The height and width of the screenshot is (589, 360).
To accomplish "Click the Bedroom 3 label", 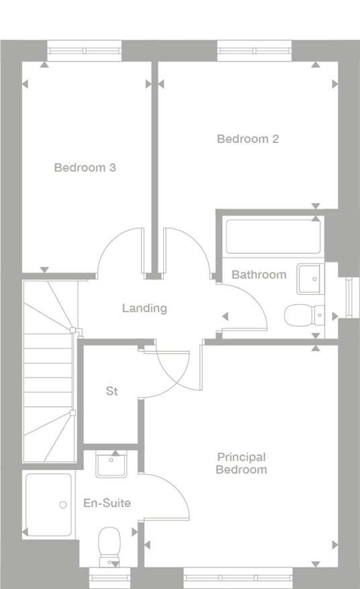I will pyautogui.click(x=85, y=167).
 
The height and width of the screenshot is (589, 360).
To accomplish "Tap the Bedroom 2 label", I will pyautogui.click(x=247, y=139).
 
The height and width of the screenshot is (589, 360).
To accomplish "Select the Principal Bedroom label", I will pyautogui.click(x=241, y=463).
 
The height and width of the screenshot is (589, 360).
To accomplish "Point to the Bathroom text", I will pyautogui.click(x=259, y=275).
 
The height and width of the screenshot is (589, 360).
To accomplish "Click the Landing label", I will pyautogui.click(x=144, y=308).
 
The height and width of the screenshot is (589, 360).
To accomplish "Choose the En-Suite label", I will pyautogui.click(x=107, y=502).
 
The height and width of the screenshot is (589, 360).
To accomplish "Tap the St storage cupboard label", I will pyautogui.click(x=111, y=391).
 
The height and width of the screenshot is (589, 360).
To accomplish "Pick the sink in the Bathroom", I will pyautogui.click(x=310, y=279).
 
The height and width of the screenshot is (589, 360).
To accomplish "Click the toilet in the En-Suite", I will pyautogui.click(x=108, y=544).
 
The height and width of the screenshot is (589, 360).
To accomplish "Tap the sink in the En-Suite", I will pyautogui.click(x=110, y=465).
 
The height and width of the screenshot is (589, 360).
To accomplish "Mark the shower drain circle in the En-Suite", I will pyautogui.click(x=62, y=504).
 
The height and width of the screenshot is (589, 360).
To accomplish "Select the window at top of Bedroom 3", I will pyautogui.click(x=84, y=50).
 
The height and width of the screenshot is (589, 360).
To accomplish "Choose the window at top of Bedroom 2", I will pyautogui.click(x=255, y=50).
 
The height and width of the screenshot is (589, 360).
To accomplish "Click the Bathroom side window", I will pyautogui.click(x=348, y=296).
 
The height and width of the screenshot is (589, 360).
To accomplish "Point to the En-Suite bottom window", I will pyautogui.click(x=109, y=578).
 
